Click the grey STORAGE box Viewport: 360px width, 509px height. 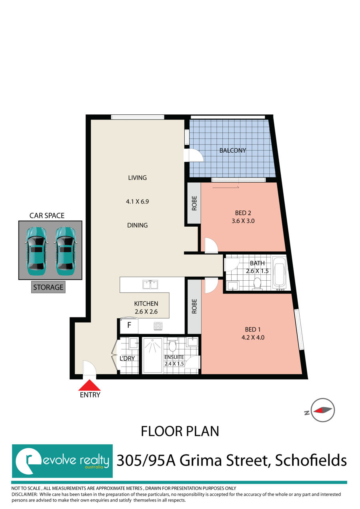tap(48, 287)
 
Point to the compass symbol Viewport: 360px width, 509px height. tap(323, 410)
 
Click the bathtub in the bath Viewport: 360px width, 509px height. tap(280, 273)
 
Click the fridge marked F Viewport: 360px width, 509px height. tap(129, 325)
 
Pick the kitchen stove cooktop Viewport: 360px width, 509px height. tap(158, 326)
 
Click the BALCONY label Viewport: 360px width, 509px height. tap(232, 151)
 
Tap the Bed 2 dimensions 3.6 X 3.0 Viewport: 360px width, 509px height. tap(243, 220)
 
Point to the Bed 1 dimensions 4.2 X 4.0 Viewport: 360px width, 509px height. tap(252, 337)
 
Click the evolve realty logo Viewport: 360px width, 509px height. tap(62, 461)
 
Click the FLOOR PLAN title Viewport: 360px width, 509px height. tap(180, 431)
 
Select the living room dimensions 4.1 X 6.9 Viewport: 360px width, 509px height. tap(137, 202)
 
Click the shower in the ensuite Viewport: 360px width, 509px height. tap(152, 355)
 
